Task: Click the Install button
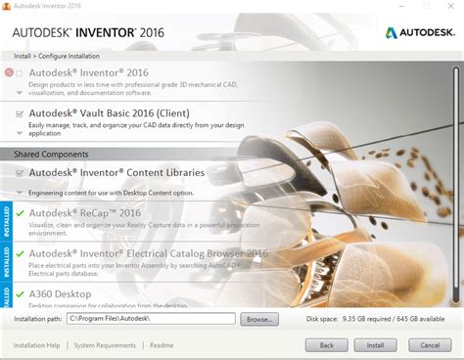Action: coord(375,344)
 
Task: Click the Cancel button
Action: coord(430,344)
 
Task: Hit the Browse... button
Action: coord(259,319)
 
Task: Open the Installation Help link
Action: coord(37,344)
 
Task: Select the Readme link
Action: coord(162,344)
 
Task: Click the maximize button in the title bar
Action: coord(422,8)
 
